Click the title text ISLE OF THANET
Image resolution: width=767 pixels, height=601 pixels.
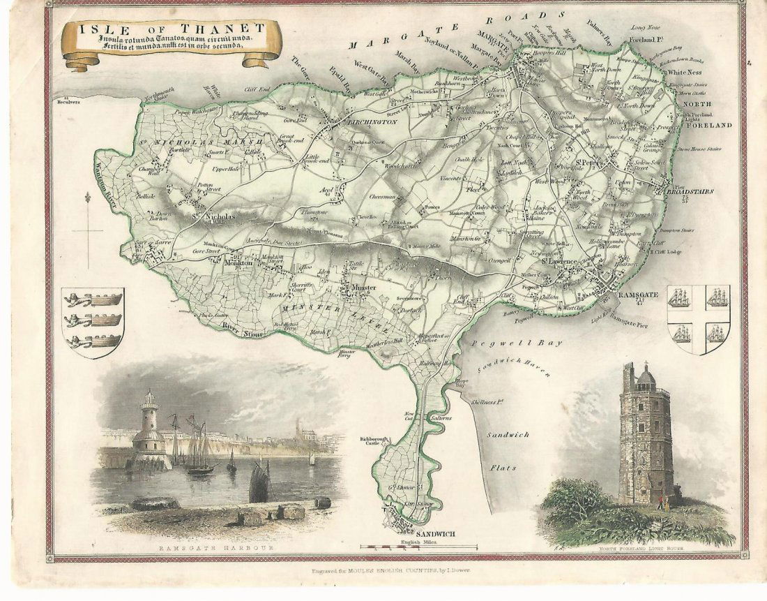pos(172,29)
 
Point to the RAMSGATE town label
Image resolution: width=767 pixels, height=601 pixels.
pos(639,296)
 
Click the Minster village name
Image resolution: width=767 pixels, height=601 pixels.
pos(363,288)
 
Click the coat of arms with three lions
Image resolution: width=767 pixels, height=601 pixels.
pos(93,322)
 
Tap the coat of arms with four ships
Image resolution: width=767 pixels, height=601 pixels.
pos(698,318)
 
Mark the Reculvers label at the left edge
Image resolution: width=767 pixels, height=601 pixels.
pos(69,101)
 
